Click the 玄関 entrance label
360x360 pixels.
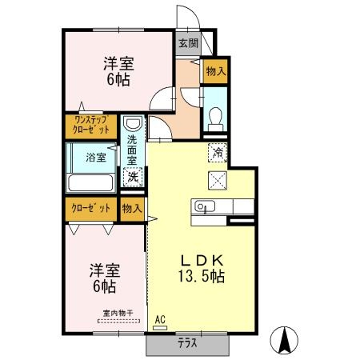188,43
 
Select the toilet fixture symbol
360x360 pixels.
214,117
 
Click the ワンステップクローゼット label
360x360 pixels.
91,125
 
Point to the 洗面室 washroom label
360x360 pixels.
133,151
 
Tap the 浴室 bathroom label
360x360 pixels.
95,157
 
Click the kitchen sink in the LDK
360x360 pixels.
202,208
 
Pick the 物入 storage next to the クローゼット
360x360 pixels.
132,208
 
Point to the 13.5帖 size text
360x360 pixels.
200,277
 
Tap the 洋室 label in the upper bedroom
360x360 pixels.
117,63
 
